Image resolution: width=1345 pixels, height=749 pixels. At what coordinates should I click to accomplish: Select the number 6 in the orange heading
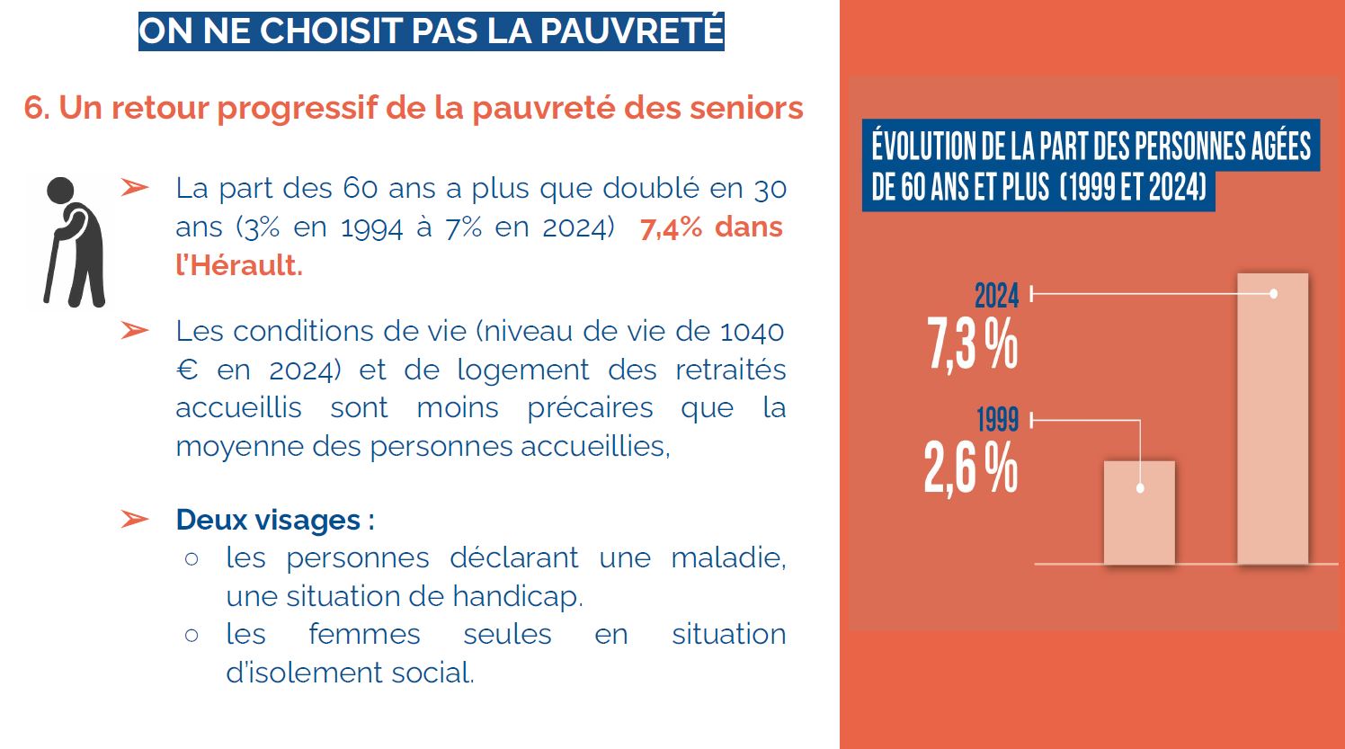pos(34,108)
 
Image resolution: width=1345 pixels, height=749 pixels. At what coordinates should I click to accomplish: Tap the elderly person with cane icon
pos(74,241)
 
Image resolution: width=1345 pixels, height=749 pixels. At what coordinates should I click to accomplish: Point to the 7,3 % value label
pos(973,343)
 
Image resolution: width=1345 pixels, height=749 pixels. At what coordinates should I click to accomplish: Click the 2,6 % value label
pos(971,468)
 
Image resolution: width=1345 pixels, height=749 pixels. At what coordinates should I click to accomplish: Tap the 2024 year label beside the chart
pos(996,295)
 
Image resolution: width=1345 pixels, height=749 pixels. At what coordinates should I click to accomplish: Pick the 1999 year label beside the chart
pos(997,419)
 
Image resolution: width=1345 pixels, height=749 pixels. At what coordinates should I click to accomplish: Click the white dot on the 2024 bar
pos(1274,294)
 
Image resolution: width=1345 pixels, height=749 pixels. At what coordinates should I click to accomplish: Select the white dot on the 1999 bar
pos(1140,488)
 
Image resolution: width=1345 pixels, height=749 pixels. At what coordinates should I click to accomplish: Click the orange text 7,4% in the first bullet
pos(671,227)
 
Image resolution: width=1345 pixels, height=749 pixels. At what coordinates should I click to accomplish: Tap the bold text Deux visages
pos(268,520)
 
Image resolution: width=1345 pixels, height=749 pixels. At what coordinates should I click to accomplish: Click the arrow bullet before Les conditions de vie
pos(135,331)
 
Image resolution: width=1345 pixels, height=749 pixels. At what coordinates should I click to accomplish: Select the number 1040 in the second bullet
pos(752,332)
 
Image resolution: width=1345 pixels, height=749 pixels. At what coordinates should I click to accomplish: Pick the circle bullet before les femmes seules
pos(192,635)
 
